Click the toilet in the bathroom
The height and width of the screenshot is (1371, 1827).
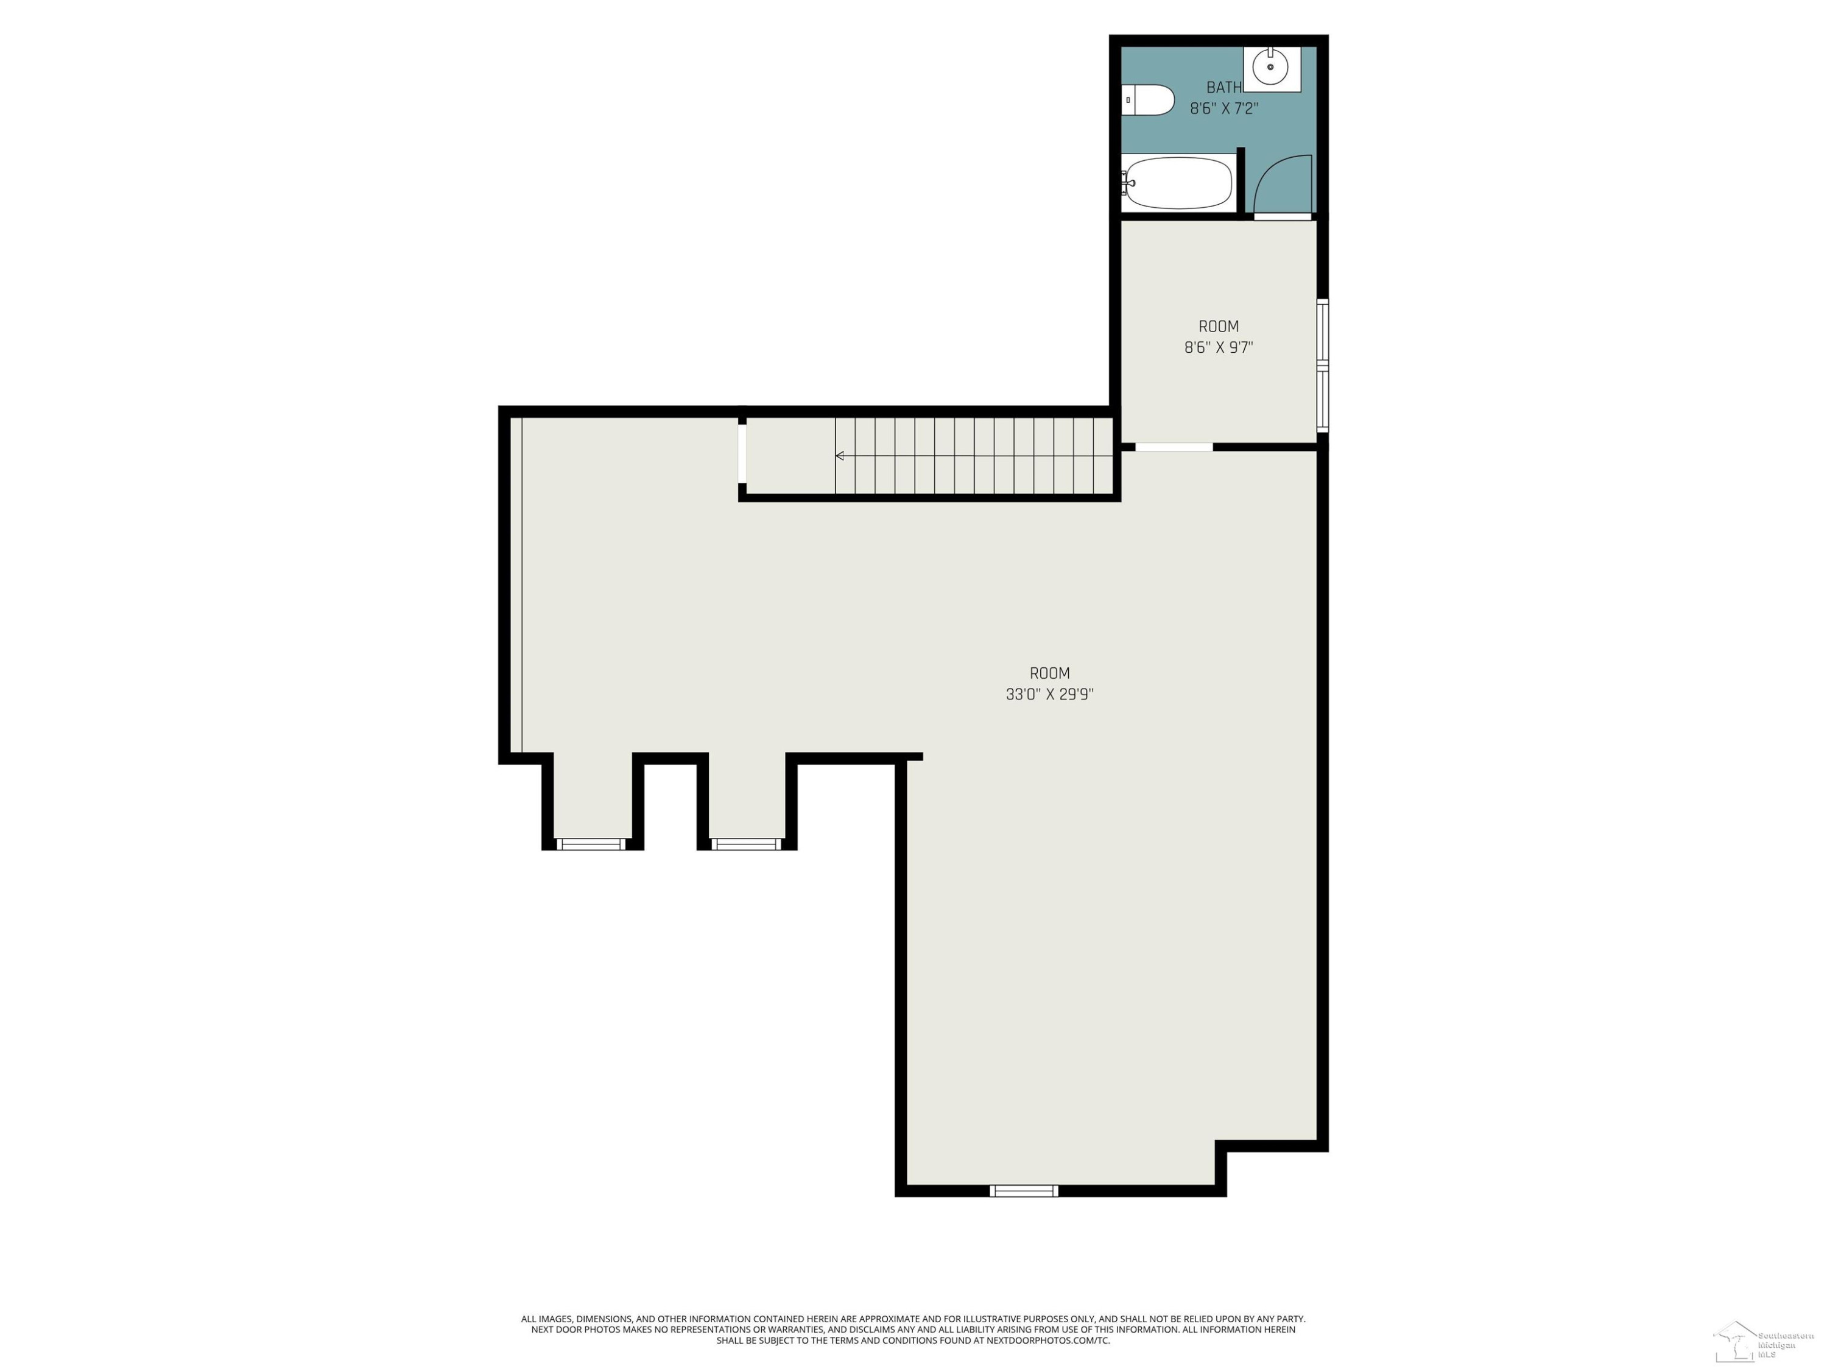point(1147,100)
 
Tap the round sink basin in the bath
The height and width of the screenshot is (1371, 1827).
point(1270,66)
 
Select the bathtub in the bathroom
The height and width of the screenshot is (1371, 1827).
point(1178,183)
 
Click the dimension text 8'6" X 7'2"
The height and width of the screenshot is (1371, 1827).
point(1224,108)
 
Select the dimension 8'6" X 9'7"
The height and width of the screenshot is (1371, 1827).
point(1218,348)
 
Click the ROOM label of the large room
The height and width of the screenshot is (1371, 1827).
point(1050,673)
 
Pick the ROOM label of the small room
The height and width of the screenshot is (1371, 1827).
point(1218,327)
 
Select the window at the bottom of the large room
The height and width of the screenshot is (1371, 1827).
point(1024,1191)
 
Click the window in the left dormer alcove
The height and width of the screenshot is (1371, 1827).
point(591,844)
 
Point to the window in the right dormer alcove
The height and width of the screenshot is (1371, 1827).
point(746,844)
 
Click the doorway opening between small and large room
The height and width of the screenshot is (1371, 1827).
point(1174,447)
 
